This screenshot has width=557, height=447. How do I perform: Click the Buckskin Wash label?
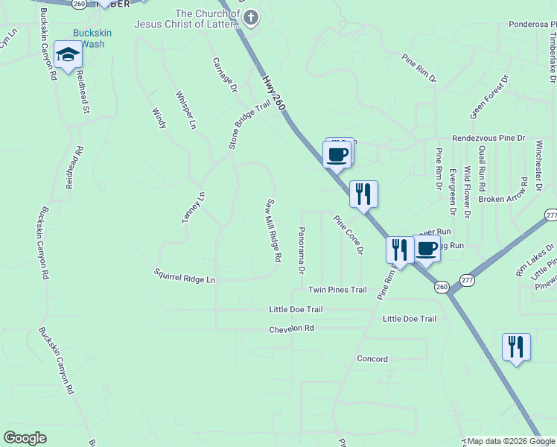pos(89,38)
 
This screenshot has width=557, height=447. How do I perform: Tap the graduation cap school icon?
pos(68,56)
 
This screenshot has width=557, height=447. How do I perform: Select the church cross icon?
pos(251,18)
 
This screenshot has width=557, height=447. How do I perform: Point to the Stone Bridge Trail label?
pos(248,125)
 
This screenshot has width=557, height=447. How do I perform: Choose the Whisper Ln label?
pos(185,110)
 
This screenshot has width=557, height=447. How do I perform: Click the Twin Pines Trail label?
pos(337,290)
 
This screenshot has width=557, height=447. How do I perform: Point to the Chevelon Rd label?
pos(291,328)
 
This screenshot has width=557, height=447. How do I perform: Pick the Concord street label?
pos(372,359)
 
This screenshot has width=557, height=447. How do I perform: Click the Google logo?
pos(25,438)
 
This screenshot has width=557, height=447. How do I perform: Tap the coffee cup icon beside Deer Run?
pos(426,249)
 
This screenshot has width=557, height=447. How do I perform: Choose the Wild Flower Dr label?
pos(467,192)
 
